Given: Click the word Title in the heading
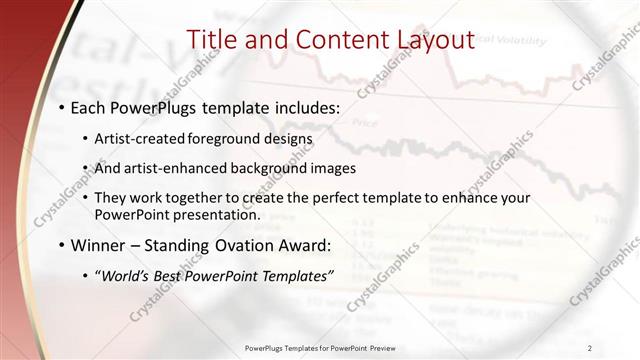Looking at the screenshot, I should click(214, 40).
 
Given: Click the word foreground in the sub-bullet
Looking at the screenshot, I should click(221, 138).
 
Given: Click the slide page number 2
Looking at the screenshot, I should click(590, 347).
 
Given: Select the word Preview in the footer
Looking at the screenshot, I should click(381, 347).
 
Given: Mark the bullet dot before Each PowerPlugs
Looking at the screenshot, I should click(61, 106).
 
